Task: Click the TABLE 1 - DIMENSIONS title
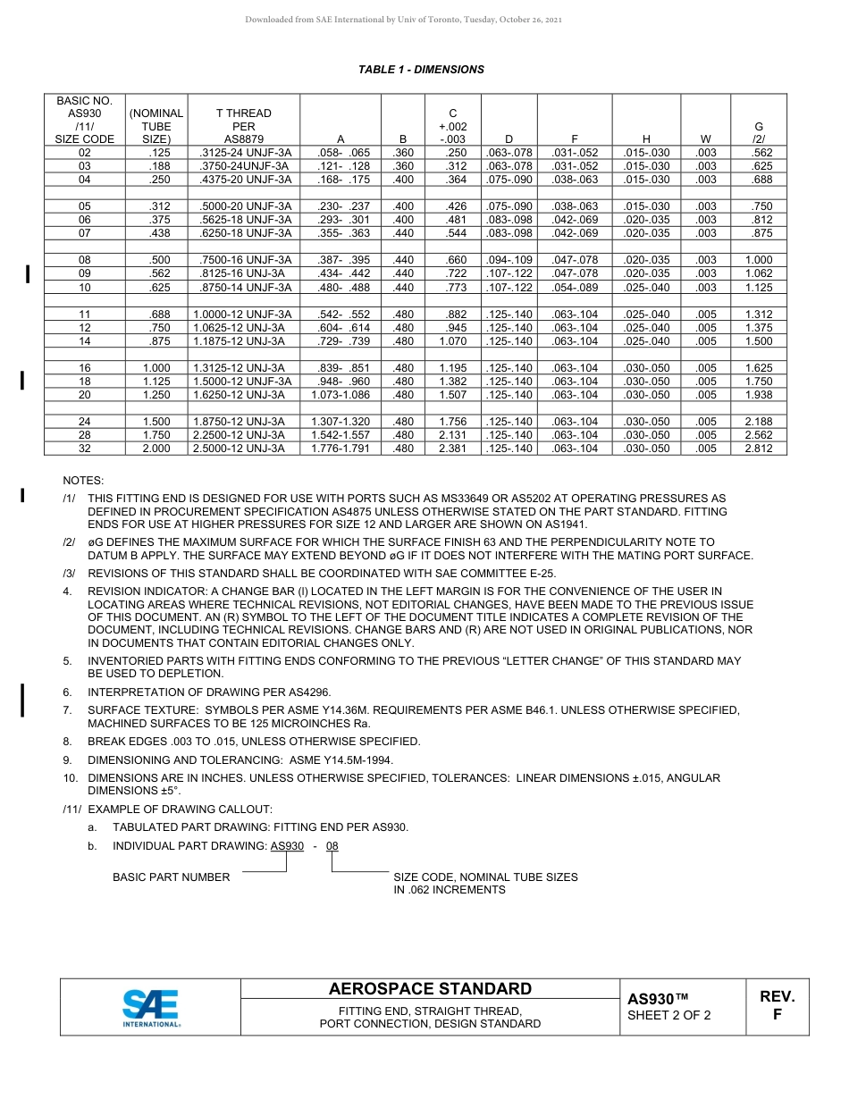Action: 421,70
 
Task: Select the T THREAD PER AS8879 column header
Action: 243,126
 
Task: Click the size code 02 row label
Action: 85,153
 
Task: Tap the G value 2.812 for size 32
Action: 758,449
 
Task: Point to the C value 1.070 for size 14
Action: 452,341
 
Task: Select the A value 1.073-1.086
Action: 340,395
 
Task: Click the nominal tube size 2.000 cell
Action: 156,449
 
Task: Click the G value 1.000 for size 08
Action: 758,260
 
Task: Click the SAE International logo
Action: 150,1007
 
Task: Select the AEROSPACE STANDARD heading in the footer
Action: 430,989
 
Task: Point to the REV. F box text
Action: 777,1005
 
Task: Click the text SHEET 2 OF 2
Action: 668,1015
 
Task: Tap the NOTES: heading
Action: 83,481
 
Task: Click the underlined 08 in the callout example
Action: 332,846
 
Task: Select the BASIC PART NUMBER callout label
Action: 171,877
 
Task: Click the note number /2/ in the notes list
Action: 69,542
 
